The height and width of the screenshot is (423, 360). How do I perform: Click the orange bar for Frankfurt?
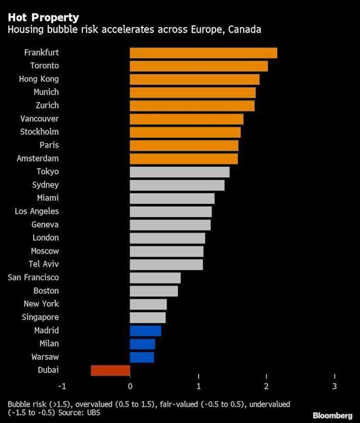pos(203,53)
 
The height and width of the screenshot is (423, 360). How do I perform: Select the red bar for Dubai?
pos(110,370)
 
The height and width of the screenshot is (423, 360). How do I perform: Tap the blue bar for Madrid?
pos(145,331)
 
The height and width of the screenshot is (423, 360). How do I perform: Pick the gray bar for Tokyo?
pos(179,172)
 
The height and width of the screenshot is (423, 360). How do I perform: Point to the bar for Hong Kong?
pos(195,79)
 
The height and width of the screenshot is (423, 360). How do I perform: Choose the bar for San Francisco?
pos(155,278)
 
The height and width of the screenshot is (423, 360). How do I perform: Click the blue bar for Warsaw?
pos(142,357)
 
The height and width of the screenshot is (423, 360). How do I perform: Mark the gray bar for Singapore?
pos(147,318)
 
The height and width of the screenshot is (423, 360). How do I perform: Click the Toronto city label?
pos(44,66)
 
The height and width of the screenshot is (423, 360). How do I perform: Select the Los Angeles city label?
pos(37,211)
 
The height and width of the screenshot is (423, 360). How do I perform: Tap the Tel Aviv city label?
pos(44,264)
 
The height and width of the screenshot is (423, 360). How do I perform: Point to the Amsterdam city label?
pos(38,159)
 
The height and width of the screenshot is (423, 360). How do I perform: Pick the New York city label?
pos(41,304)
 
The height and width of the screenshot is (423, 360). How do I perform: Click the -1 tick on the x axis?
pos(62,386)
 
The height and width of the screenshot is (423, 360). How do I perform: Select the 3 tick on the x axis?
pos(335,386)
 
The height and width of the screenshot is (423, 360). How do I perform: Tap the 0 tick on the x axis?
pos(130,386)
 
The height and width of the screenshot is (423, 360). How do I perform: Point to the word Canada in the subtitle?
pos(244,30)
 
